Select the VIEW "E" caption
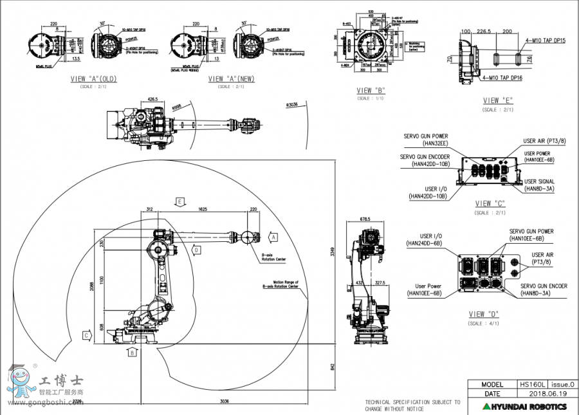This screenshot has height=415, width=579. [x=498, y=100]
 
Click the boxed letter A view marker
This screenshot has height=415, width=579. [x=273, y=237]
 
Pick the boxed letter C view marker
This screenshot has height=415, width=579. [x=86, y=335]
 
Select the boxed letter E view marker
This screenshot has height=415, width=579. [x=181, y=201]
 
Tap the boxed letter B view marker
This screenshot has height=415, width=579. [x=131, y=353]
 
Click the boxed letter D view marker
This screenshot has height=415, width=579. [x=197, y=249]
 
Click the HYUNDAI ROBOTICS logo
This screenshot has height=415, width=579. [x=525, y=407]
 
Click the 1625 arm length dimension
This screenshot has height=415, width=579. [x=203, y=210]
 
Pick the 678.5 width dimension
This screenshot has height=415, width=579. [x=365, y=219]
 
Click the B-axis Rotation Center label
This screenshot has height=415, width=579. [x=273, y=257]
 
